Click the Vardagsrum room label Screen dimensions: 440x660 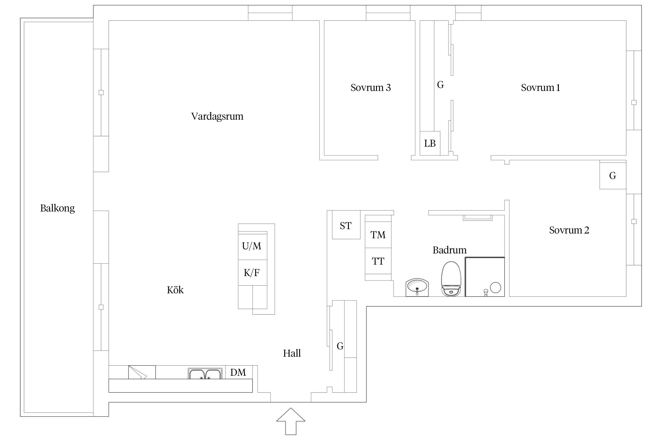click(x=217, y=116)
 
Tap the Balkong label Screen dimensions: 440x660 click(x=57, y=208)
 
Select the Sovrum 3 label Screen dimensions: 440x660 click(x=370, y=88)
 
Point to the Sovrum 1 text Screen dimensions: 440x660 click(x=540, y=88)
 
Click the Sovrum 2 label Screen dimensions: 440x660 click(x=569, y=230)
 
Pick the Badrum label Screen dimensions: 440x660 click(x=449, y=250)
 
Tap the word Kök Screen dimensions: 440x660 click(x=175, y=290)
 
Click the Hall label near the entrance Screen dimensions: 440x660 click(x=292, y=353)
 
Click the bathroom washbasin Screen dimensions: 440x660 click(x=417, y=287)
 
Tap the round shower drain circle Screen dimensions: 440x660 click(x=495, y=287)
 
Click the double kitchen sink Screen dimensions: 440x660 click(x=205, y=373)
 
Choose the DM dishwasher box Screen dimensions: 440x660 click(x=238, y=372)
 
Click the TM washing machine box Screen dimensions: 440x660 click(x=378, y=235)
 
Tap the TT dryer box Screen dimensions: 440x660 click(x=378, y=261)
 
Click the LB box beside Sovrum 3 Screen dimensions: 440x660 click(x=430, y=143)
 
